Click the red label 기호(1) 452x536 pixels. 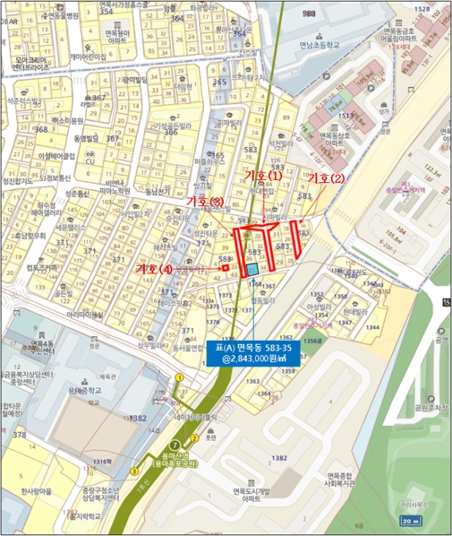click(x=264, y=175)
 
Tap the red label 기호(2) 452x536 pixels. click(x=327, y=178)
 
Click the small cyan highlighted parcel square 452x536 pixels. click(x=253, y=270)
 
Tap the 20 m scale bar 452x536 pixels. click(x=431, y=521)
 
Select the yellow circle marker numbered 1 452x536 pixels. click(x=179, y=377)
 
